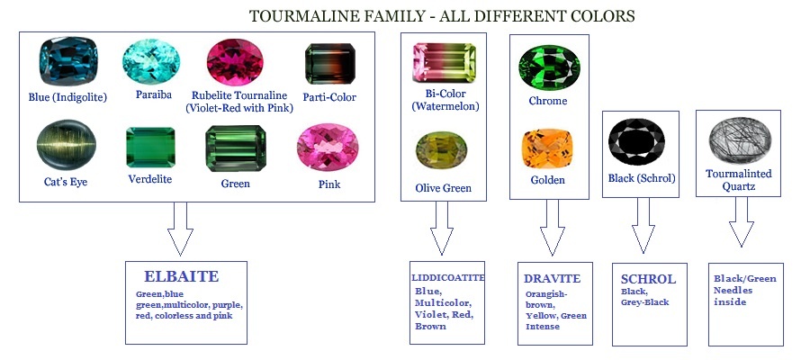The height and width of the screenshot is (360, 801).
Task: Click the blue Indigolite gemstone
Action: coord(61,61)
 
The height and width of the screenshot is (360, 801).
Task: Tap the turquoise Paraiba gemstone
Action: coord(147,60)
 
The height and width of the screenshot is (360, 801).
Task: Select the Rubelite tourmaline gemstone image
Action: coord(232,62)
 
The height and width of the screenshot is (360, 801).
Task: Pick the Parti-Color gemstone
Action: coord(322,62)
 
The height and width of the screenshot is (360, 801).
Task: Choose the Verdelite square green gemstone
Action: coord(148,147)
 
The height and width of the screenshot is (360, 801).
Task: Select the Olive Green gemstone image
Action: coord(441,151)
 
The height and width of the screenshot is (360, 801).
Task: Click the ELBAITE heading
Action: coord(182,276)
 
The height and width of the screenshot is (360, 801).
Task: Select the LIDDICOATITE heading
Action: coord(447,278)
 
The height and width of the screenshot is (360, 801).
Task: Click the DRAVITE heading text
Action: coord(552,278)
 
